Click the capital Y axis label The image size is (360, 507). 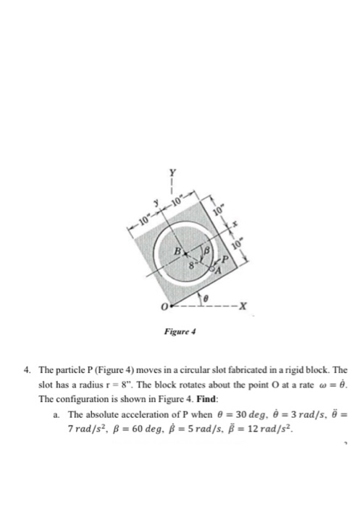[x=172, y=172]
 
